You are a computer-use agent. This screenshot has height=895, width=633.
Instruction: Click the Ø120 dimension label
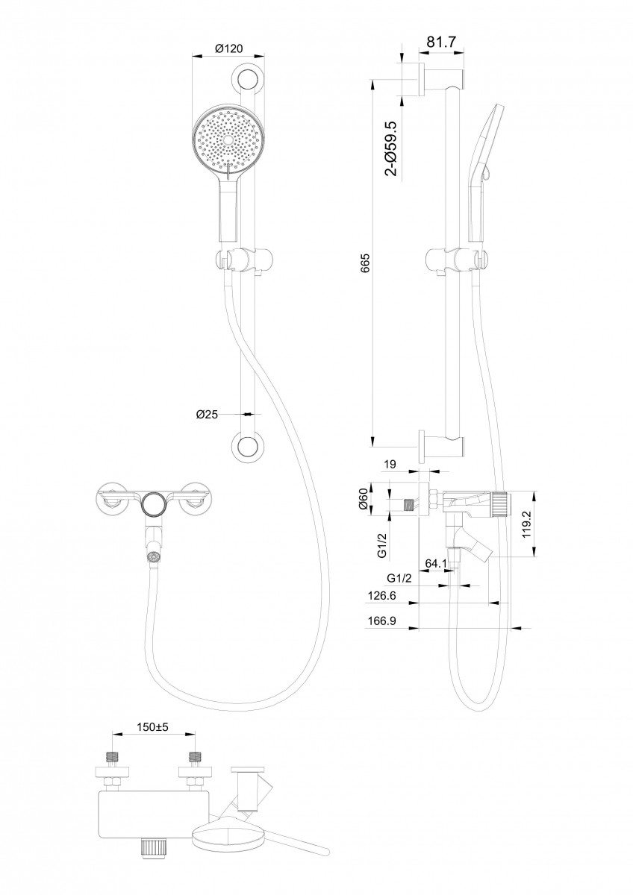pyautogui.click(x=228, y=48)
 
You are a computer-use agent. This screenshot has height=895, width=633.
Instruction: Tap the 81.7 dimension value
pyautogui.click(x=441, y=43)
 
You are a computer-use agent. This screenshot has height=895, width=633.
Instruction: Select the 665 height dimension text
pyautogui.click(x=365, y=263)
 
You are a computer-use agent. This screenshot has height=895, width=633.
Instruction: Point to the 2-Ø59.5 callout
pyautogui.click(x=390, y=148)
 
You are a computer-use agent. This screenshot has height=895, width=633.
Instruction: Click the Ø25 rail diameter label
pyautogui.click(x=207, y=415)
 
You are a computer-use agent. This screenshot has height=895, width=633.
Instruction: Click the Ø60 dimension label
pyautogui.click(x=364, y=499)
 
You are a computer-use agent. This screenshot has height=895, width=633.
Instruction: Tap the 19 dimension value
pyautogui.click(x=390, y=465)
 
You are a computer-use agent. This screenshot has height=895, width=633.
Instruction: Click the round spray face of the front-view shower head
pyautogui.click(x=228, y=137)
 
